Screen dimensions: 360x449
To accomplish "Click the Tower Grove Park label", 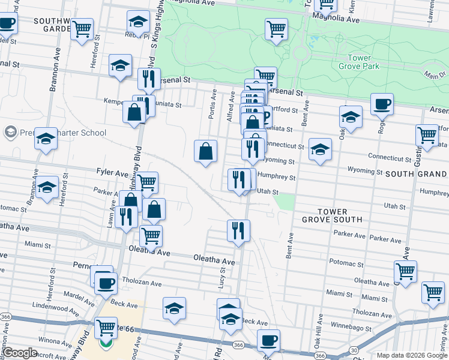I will coord(363,62).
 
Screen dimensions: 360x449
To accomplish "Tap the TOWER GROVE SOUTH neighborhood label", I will coord(332,216).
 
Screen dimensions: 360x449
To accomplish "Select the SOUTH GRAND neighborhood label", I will coord(417,173).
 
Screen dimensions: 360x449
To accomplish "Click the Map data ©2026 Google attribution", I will coord(412,355).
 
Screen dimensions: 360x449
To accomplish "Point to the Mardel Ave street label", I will coord(76,296).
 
